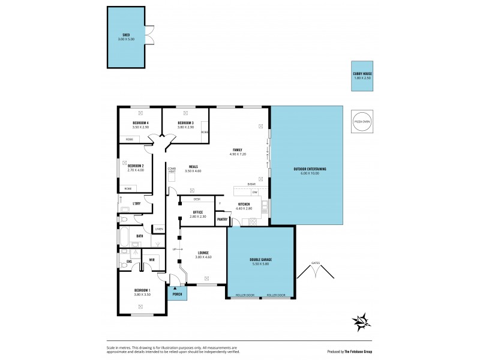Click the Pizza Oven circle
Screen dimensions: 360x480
(362, 121)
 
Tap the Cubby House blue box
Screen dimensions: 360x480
(362, 76)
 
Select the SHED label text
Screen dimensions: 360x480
(126, 35)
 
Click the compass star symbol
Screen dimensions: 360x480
(361, 322)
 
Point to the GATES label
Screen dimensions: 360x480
(316, 263)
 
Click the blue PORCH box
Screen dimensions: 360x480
(177, 294)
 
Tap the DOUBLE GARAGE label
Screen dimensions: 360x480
(261, 260)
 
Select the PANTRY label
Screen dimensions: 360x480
(221, 219)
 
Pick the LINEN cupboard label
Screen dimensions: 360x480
(159, 229)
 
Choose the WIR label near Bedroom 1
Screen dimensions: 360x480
(152, 259)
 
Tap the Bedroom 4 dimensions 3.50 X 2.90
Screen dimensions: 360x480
(140, 127)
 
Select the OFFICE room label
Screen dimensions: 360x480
(197, 212)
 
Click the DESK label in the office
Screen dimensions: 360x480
(197, 199)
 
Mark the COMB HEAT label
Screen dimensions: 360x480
(172, 170)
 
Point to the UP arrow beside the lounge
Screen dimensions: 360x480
(175, 248)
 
